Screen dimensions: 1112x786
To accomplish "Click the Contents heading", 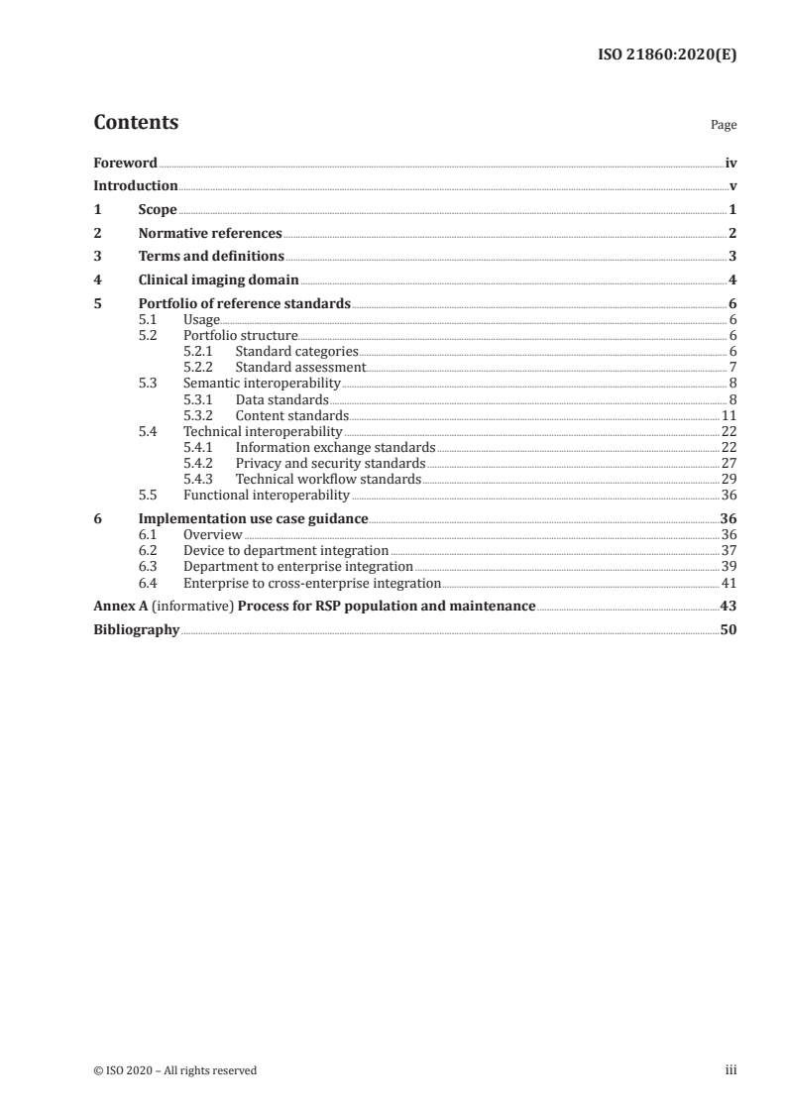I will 136,124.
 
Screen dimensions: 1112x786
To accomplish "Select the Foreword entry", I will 125,163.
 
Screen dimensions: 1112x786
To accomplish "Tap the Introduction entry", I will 135,186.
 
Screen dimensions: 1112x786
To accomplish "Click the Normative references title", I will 210,234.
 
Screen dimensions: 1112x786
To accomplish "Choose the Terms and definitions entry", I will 211,257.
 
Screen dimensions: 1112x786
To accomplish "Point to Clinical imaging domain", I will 218,280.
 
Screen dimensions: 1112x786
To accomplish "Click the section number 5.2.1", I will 199,352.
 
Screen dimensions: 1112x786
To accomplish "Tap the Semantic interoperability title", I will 262,383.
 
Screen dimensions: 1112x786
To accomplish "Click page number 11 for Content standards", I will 728,415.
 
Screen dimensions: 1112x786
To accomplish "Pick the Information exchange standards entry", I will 335,448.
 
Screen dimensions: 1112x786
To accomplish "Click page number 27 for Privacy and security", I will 728,464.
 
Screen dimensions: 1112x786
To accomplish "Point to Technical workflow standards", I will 328,480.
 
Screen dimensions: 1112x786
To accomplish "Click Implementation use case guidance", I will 254,518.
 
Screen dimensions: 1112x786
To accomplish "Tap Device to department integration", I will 286,550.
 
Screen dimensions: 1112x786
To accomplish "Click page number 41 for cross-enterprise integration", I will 728,583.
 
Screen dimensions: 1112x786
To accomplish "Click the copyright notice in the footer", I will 174,1070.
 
